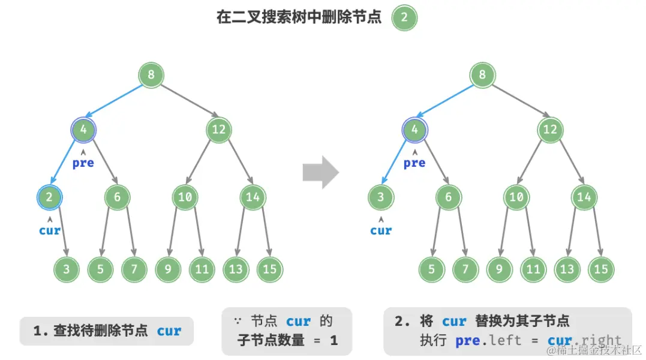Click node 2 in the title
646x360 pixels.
click(x=404, y=17)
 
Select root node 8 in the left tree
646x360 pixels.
click(x=151, y=76)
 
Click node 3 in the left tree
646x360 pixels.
click(x=67, y=269)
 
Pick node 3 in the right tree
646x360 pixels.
click(x=380, y=197)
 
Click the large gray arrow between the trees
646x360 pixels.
click(x=320, y=173)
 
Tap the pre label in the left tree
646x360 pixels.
click(x=83, y=163)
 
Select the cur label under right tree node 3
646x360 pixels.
click(x=380, y=230)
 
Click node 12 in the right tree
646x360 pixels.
click(x=549, y=129)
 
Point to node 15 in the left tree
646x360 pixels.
click(x=269, y=269)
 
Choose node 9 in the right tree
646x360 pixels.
click(x=499, y=269)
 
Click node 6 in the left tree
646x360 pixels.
click(x=117, y=197)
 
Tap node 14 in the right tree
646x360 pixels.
click(x=584, y=197)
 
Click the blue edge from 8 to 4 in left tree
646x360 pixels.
click(x=115, y=101)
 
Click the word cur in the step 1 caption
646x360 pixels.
click(x=169, y=331)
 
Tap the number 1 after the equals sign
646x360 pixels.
click(x=333, y=341)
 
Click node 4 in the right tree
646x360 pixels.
click(x=414, y=129)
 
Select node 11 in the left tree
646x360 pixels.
click(x=202, y=269)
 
